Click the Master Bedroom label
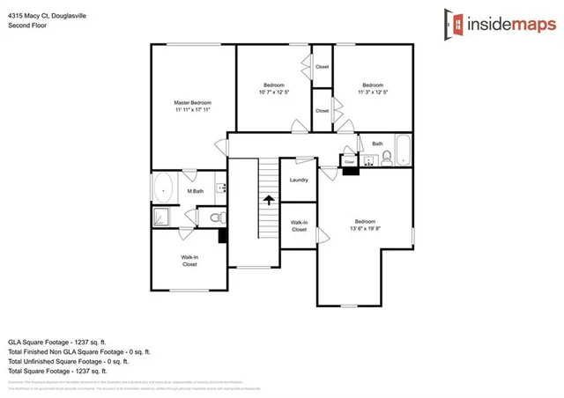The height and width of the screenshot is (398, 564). point(191,107)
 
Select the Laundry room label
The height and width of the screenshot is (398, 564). point(298,181)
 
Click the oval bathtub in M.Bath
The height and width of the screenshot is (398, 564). point(164,188)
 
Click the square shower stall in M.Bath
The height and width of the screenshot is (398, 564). point(161,217)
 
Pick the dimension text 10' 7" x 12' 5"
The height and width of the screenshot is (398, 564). point(274,92)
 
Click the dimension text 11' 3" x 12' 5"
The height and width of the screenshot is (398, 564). point(373,92)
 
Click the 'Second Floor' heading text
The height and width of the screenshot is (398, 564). point(26,25)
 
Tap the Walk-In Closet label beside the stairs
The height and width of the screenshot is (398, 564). point(299,226)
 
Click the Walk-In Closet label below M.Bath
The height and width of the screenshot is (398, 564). point(189,261)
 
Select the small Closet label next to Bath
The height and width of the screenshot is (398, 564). point(350,162)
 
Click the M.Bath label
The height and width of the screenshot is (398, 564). point(195,191)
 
